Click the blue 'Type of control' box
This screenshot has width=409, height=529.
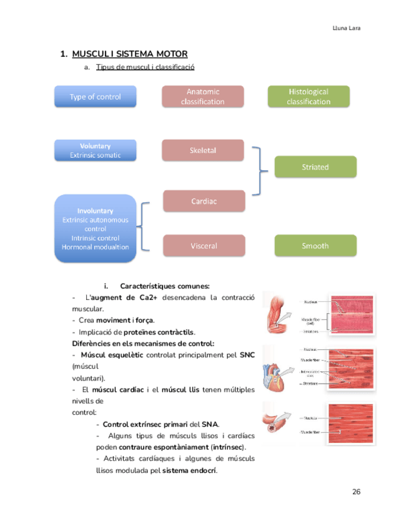[x=96, y=97]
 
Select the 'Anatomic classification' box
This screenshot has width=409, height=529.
[x=202, y=97]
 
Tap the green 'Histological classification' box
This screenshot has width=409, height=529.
[x=308, y=97]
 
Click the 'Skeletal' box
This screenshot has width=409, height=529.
[x=202, y=150]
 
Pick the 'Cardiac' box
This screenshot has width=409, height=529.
[x=204, y=201]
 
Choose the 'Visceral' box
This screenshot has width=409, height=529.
[x=204, y=246]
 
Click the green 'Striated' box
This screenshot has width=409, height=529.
[x=315, y=167]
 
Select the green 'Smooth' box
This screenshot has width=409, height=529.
[x=315, y=246]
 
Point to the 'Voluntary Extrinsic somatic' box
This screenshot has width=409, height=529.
[x=96, y=150]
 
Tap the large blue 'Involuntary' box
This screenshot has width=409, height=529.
[x=96, y=229]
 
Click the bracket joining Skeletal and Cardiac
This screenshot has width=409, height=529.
[x=257, y=171]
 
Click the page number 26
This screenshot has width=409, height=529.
[x=357, y=492]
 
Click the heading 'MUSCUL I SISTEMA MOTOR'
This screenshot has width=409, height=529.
[x=130, y=54]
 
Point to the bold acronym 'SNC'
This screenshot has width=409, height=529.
[x=247, y=355]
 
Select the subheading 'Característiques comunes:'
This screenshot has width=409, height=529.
[x=164, y=286]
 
